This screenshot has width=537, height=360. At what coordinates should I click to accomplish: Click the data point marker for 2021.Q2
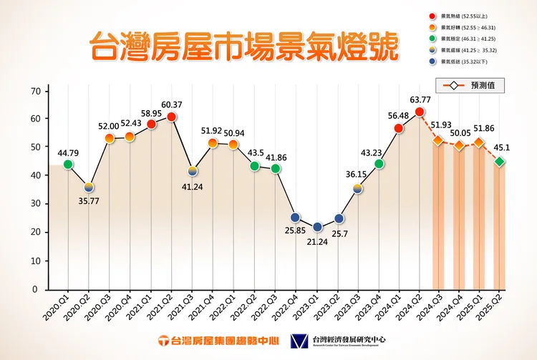(x=172, y=117)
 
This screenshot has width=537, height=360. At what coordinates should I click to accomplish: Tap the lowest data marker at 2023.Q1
(x=318, y=227)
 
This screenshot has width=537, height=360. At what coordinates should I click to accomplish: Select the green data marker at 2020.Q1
(x=68, y=165)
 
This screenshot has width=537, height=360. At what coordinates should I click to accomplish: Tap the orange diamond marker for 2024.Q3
(x=438, y=140)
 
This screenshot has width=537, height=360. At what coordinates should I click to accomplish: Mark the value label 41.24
(x=192, y=188)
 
